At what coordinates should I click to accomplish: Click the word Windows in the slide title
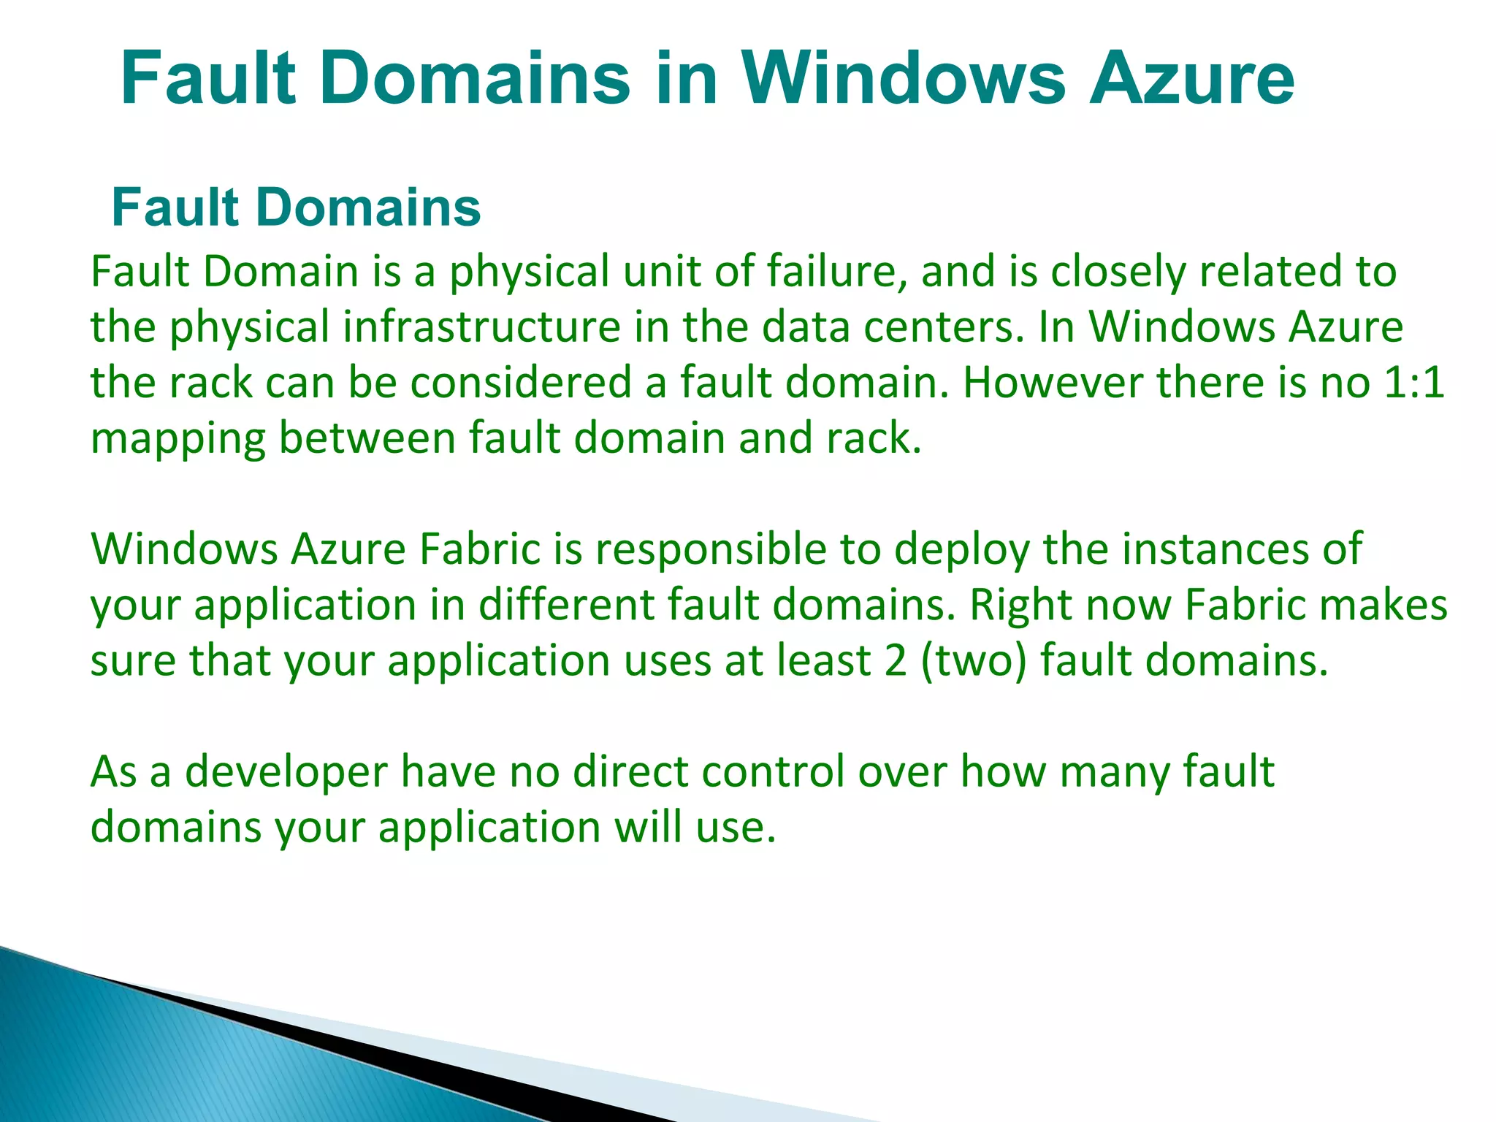pos(904,78)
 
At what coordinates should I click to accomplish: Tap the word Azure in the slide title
pos(1191,78)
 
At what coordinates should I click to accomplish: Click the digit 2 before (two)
pos(895,660)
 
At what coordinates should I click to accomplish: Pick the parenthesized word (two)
pos(974,660)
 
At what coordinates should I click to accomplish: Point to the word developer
pos(286,773)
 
